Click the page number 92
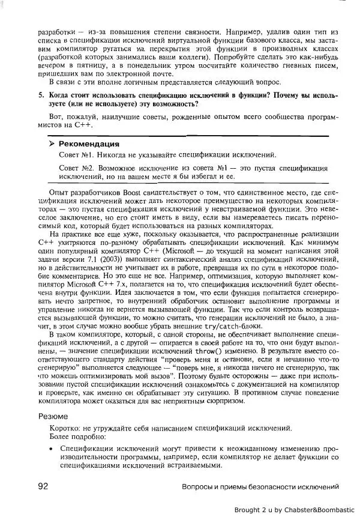click(x=43, y=486)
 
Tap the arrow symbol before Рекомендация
click(x=52, y=144)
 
